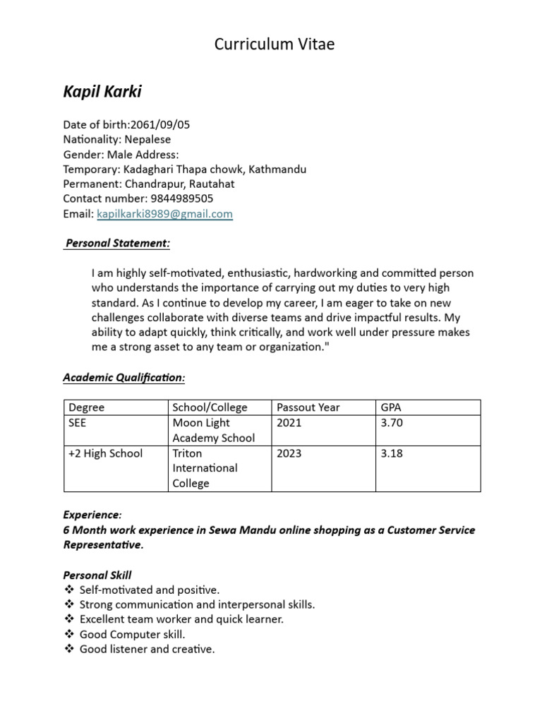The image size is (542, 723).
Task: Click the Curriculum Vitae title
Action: [x=275, y=44]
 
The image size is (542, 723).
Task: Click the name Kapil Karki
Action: [x=102, y=91]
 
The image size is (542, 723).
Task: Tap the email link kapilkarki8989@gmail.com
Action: [x=164, y=213]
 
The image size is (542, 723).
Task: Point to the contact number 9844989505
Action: [x=182, y=198]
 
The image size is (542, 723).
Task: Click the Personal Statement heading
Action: [x=117, y=243]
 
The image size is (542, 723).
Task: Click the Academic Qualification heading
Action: [x=124, y=378]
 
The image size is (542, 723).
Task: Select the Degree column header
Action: [x=87, y=407]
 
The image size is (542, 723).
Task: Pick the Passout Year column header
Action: [x=308, y=407]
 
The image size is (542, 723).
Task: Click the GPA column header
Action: [x=390, y=407]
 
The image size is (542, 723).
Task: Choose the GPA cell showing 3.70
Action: [x=392, y=423]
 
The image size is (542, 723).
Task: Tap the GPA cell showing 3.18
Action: [x=392, y=453]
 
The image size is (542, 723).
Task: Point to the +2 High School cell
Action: [x=105, y=453]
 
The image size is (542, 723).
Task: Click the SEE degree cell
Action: [x=78, y=423]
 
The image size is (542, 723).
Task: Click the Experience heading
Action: [x=92, y=515]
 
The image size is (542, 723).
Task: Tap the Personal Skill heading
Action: [x=97, y=575]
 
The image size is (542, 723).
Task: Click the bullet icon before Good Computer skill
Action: [x=68, y=634]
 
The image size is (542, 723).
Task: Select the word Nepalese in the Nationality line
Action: [x=147, y=139]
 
